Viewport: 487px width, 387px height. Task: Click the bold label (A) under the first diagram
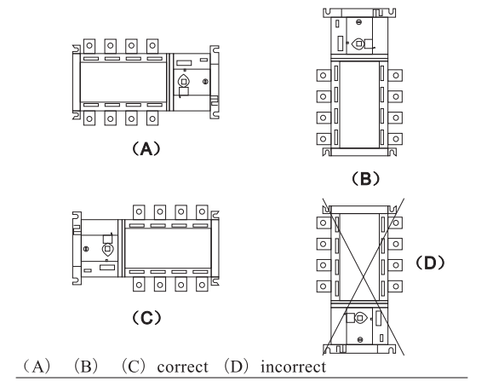pyautogui.click(x=146, y=149)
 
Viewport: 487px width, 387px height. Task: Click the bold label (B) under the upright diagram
pyautogui.click(x=365, y=179)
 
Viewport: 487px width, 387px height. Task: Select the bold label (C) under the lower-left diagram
pyautogui.click(x=146, y=318)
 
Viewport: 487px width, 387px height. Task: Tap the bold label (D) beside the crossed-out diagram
pyautogui.click(x=430, y=263)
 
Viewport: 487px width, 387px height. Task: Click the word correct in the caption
pyautogui.click(x=182, y=367)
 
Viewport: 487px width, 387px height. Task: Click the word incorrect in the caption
pyautogui.click(x=293, y=367)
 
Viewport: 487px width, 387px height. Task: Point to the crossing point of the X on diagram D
pyautogui.click(x=364, y=277)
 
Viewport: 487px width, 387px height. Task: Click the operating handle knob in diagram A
pyautogui.click(x=184, y=82)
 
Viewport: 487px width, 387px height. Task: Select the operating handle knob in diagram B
pyautogui.click(x=358, y=43)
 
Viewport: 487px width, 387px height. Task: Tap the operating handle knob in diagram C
pyautogui.click(x=107, y=249)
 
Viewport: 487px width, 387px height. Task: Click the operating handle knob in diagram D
pyautogui.click(x=360, y=318)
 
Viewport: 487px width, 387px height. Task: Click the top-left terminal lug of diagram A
pyautogui.click(x=89, y=46)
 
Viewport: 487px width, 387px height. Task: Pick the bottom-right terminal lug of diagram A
pyautogui.click(x=152, y=118)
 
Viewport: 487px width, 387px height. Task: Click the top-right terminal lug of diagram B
pyautogui.click(x=395, y=75)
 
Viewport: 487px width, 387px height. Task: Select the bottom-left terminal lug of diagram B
pyautogui.click(x=324, y=139)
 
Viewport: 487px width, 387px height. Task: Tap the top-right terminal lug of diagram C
pyautogui.click(x=202, y=212)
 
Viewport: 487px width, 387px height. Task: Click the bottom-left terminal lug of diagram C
pyautogui.click(x=139, y=285)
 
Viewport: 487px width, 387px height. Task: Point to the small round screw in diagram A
pyautogui.click(x=205, y=82)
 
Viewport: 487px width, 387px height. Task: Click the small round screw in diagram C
pyautogui.click(x=86, y=249)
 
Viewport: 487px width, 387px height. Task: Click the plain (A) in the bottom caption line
pyautogui.click(x=37, y=367)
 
